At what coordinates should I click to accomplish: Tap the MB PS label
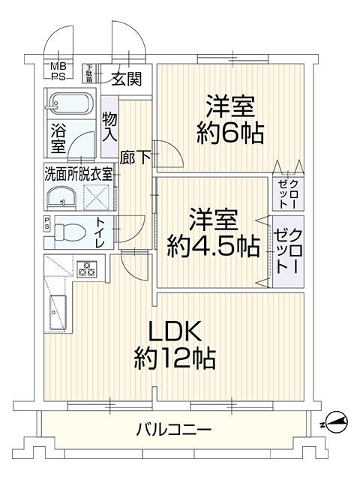(x=58, y=71)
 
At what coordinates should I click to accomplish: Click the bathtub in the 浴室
(x=69, y=101)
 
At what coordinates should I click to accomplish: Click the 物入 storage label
(x=109, y=127)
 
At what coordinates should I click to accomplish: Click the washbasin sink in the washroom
(x=60, y=196)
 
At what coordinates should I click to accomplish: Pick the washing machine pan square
(x=97, y=197)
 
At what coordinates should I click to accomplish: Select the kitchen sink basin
(x=57, y=312)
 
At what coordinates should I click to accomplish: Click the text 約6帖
(x=230, y=134)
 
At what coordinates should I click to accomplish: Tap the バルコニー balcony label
(x=174, y=430)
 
